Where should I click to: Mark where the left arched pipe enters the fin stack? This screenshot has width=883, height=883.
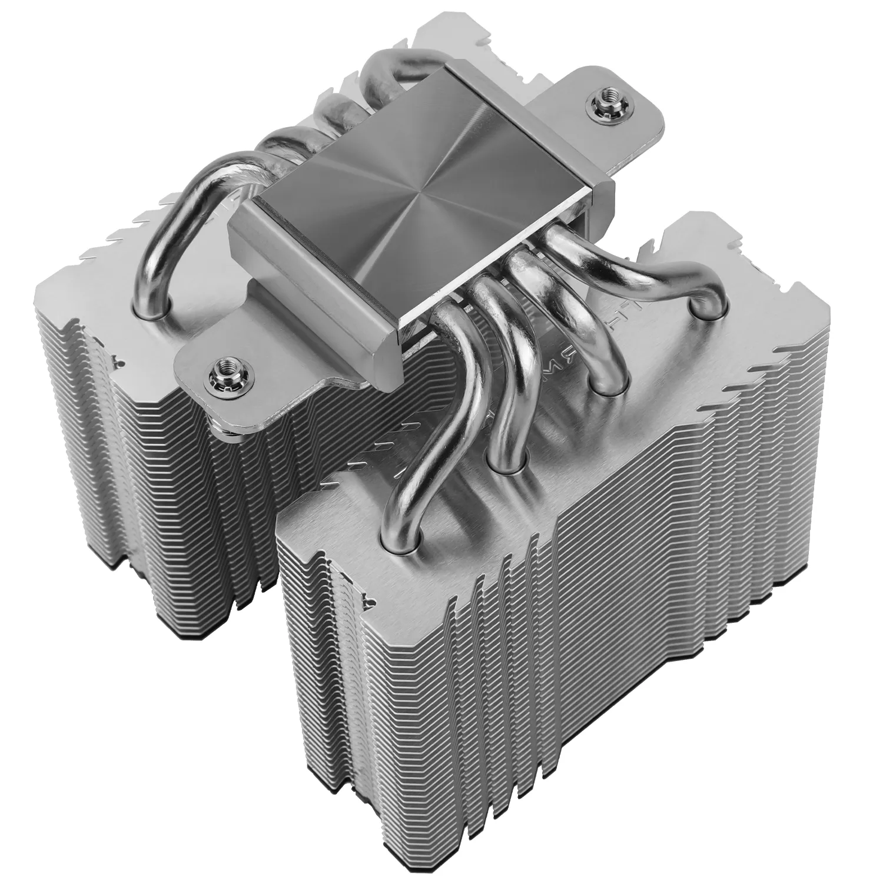click(152, 303)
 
